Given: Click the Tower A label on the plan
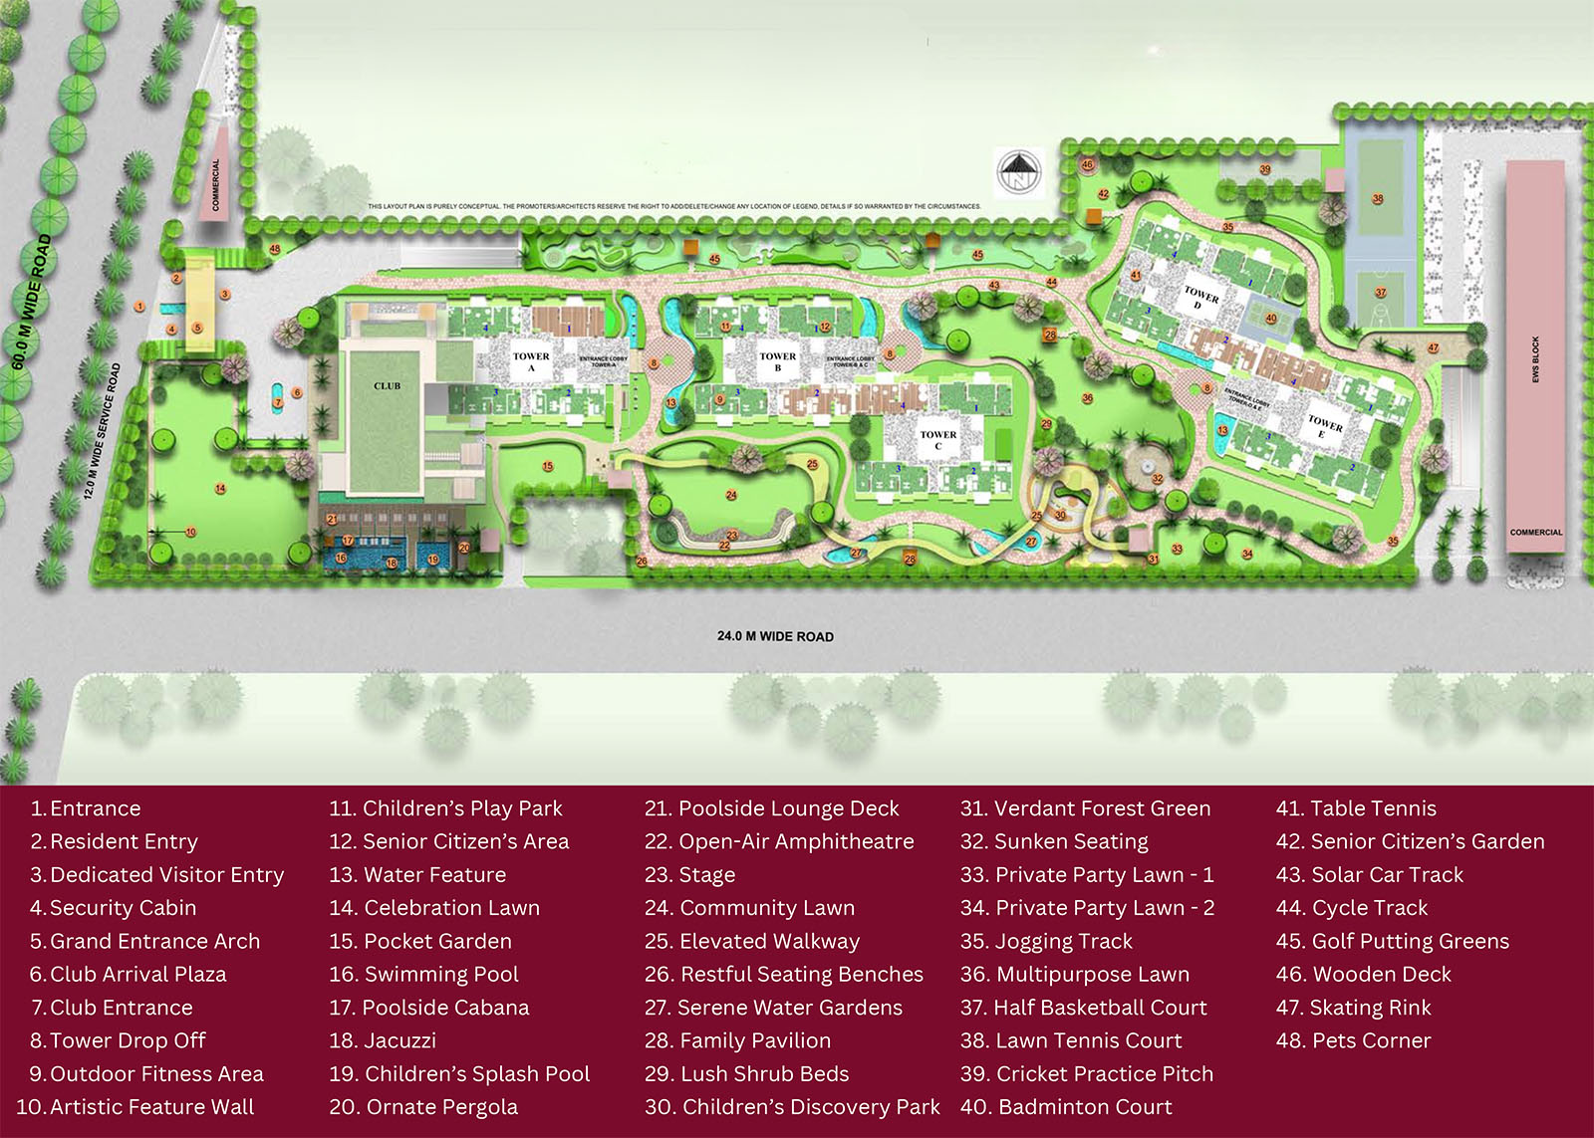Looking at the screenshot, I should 531,361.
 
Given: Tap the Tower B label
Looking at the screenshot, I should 777,361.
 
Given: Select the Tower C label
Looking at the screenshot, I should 937,440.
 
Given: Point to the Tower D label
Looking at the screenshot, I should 1200,298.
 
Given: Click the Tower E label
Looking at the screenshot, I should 1324,426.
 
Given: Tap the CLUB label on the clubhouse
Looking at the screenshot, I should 387,385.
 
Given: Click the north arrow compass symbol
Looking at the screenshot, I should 1018,173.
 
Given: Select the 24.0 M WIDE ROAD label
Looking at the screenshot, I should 775,636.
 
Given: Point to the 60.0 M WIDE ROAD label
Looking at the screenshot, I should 31,302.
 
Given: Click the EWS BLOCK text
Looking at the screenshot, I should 1535,359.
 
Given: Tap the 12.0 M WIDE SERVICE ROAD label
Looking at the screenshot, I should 103,430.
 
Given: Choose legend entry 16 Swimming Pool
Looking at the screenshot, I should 424,974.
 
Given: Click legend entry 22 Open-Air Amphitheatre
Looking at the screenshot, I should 779,841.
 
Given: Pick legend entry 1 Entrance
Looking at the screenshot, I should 86,808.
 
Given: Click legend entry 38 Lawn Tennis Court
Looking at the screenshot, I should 1071,1040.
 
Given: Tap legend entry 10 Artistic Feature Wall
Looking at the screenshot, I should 135,1106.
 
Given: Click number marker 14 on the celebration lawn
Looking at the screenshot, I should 220,489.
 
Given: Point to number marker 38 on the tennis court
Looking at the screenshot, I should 1378,199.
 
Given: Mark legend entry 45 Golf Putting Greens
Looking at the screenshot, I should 1393,941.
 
